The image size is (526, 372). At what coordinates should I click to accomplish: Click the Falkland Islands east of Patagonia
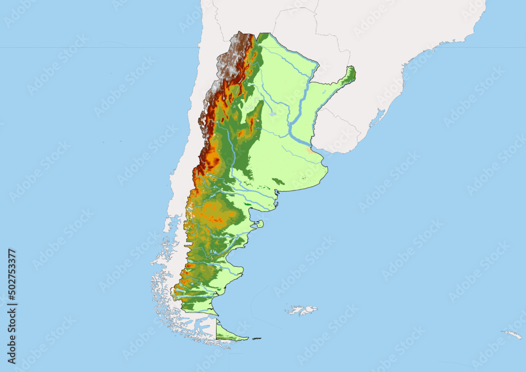point(302,310)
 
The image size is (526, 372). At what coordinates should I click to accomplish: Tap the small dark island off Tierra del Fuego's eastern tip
point(256,338)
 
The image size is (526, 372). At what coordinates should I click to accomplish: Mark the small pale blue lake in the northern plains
point(272,113)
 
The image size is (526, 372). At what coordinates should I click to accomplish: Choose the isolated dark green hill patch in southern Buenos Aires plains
point(278,182)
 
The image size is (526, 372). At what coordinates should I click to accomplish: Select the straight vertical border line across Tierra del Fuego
point(217,328)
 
